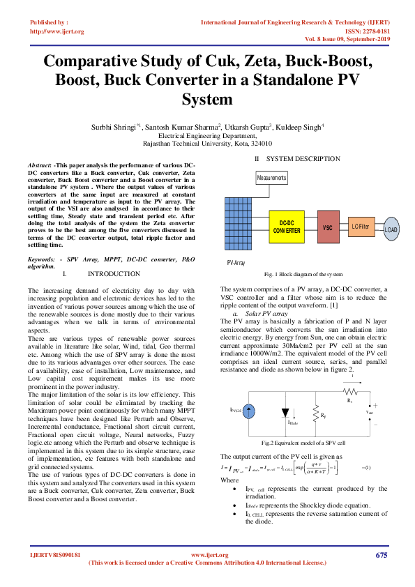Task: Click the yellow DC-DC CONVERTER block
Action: (287, 227)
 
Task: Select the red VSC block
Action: (327, 227)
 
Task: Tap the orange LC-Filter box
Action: (361, 226)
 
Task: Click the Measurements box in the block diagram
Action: (272, 178)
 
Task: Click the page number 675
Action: (381, 555)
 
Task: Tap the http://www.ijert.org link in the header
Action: (57, 31)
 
